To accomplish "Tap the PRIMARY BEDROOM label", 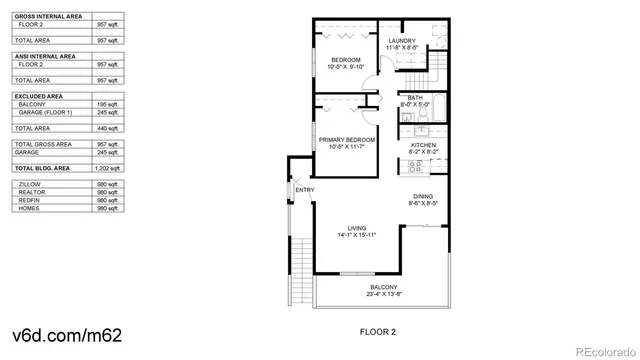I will (346, 139).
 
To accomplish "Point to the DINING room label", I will (422, 196).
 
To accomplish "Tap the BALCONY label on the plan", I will (384, 287).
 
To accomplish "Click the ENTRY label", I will (303, 190).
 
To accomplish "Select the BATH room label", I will (414, 97).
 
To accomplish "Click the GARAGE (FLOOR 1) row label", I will (43, 113).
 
